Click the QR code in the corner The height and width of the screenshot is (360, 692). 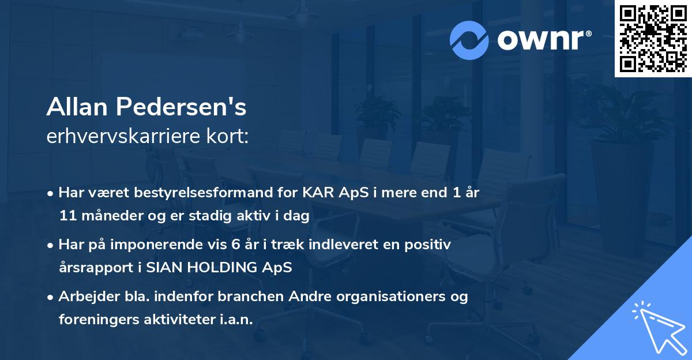[x=653, y=38]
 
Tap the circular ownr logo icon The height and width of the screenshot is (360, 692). [x=469, y=40]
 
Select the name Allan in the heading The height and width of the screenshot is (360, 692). [x=77, y=106]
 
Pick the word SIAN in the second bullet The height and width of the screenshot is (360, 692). [x=160, y=268]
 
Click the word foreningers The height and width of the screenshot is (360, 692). [x=99, y=320]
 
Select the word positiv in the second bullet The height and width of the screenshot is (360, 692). [x=430, y=244]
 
